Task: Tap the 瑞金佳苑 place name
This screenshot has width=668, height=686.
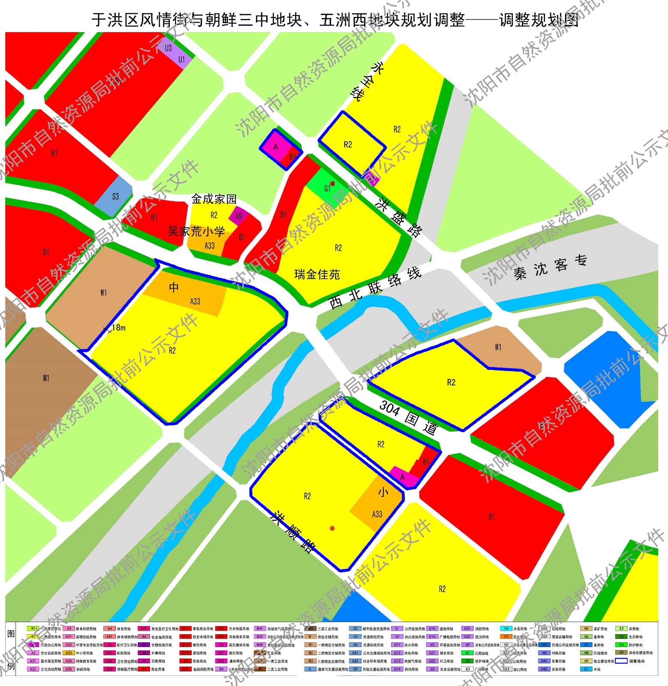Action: [317, 274]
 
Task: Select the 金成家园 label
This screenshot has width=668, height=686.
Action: [214, 199]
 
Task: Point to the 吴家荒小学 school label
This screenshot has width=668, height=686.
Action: [196, 232]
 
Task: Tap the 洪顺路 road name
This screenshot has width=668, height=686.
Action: [294, 532]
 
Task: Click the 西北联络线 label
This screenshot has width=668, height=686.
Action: [375, 288]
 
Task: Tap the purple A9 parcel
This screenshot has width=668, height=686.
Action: [239, 216]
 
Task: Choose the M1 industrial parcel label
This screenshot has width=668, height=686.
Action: [46, 378]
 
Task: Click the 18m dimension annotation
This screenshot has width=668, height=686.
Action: [117, 328]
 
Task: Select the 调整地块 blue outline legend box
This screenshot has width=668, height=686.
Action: [621, 661]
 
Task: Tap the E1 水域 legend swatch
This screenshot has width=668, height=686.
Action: [586, 669]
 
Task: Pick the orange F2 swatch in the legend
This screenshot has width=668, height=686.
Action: [506, 637]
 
